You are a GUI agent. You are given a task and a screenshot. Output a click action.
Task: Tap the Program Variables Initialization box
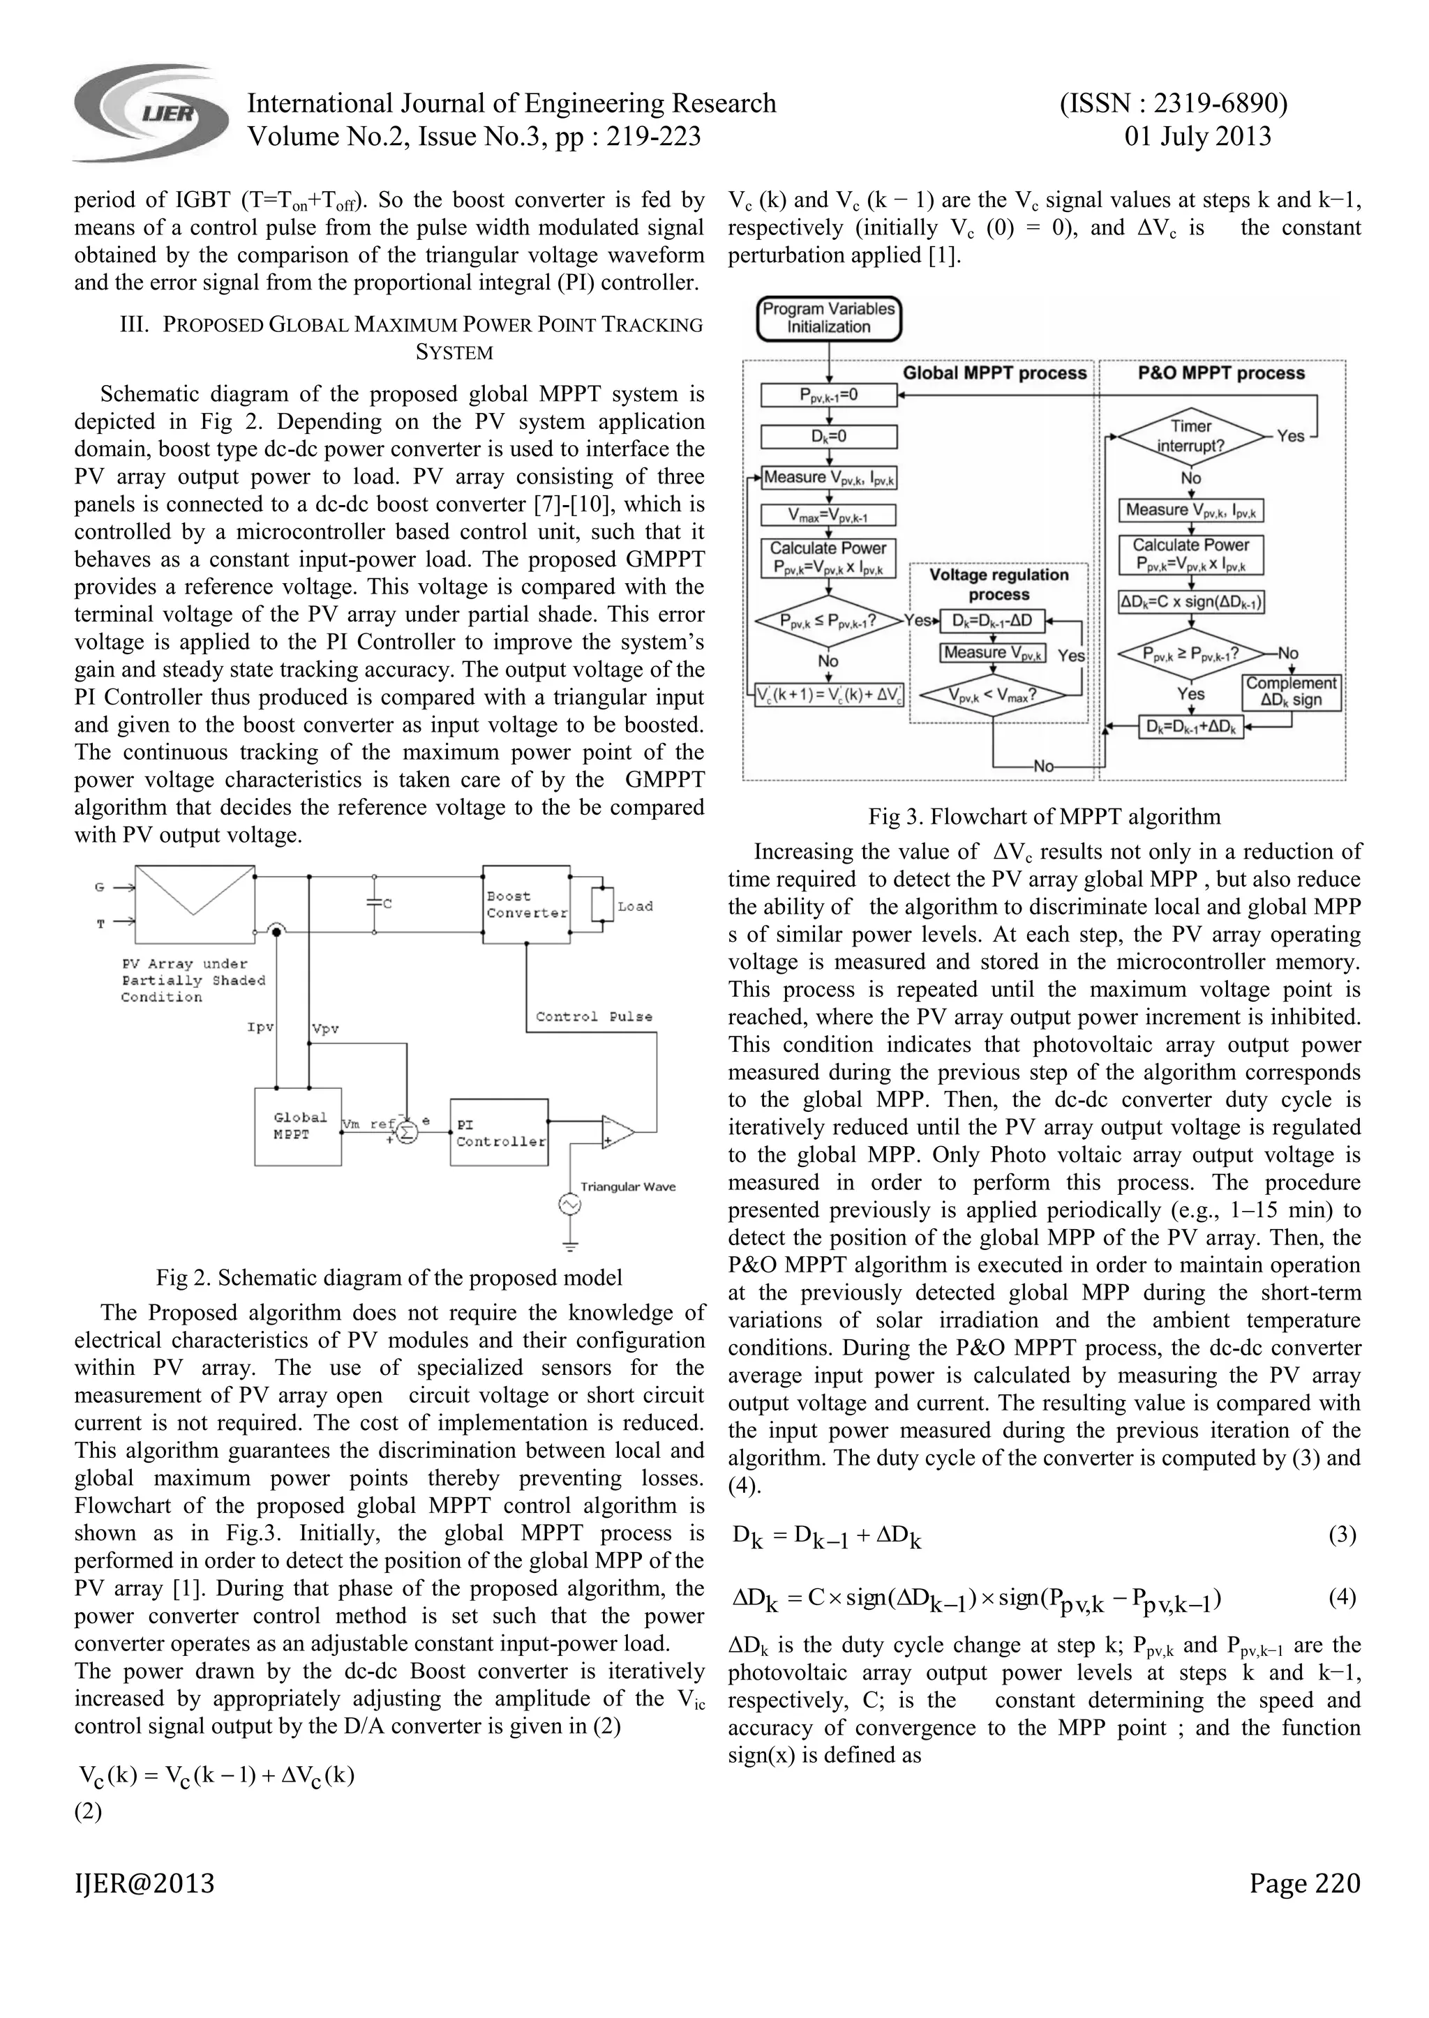point(828,319)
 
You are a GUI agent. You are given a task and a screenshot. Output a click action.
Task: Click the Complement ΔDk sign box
point(1291,692)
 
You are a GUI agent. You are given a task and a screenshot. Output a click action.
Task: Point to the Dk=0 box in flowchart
point(828,437)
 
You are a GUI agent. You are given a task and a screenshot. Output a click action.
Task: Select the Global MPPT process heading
point(994,373)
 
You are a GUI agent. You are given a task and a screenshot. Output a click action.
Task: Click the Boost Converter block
point(526,904)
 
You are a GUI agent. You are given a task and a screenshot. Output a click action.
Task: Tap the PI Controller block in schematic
point(499,1132)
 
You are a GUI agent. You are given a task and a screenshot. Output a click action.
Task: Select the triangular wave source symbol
point(569,1205)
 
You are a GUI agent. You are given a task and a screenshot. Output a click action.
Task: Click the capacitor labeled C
point(375,903)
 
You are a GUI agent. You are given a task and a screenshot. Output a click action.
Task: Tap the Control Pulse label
point(594,1016)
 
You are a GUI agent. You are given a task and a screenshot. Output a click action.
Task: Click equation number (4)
point(1342,1597)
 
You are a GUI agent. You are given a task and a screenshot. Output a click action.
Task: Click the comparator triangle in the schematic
point(618,1132)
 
